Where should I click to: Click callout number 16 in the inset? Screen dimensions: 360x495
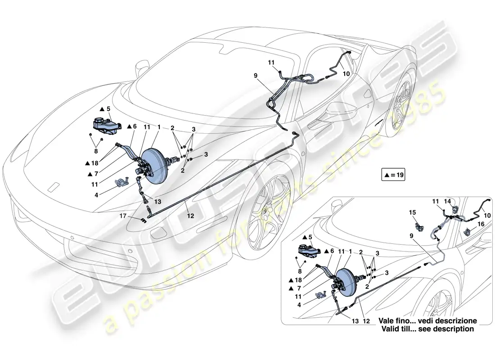[481, 223]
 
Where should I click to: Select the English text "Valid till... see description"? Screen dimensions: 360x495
[427, 329]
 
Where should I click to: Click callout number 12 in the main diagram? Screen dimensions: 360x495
[190, 216]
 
